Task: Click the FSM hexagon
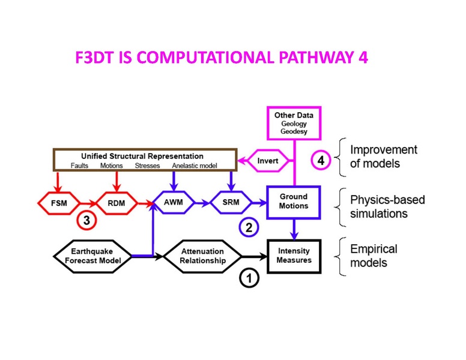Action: click(x=59, y=203)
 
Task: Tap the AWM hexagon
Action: click(x=174, y=203)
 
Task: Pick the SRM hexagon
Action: click(x=231, y=203)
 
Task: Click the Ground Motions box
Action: click(x=294, y=201)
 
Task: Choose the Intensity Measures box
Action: click(x=294, y=256)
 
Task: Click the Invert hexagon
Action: click(x=268, y=161)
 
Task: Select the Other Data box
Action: click(x=294, y=123)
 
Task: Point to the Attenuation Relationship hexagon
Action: click(x=202, y=256)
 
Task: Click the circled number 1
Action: click(x=247, y=277)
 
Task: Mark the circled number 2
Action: click(x=247, y=227)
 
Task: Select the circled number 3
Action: click(x=86, y=221)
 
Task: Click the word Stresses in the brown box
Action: click(x=147, y=166)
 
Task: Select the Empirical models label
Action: click(x=374, y=255)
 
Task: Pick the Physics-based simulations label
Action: click(x=387, y=206)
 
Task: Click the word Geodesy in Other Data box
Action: click(x=294, y=132)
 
